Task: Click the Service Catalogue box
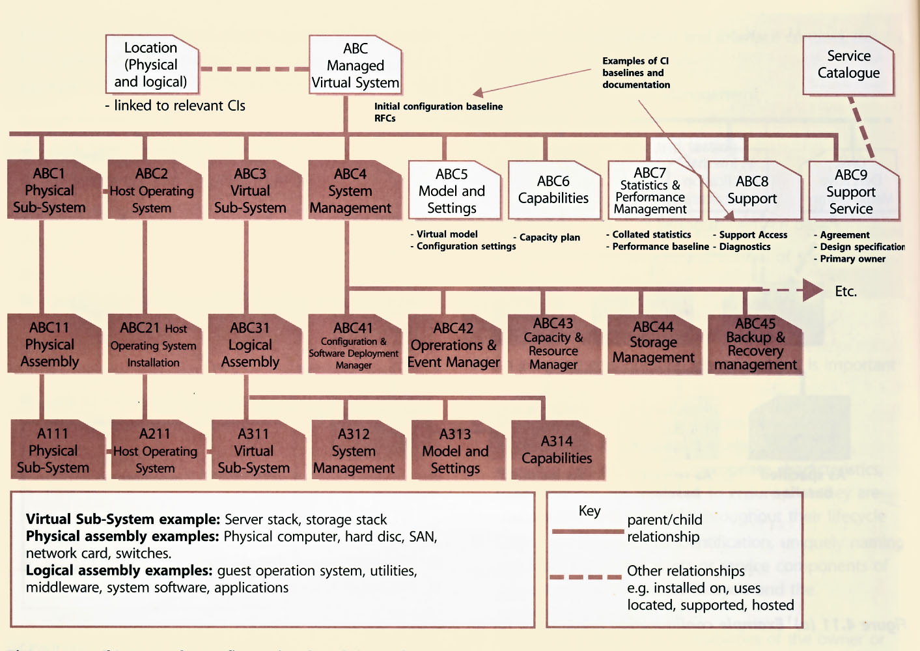point(848,65)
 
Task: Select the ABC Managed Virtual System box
point(355,66)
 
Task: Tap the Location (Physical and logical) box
point(151,64)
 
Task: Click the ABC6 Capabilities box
point(553,190)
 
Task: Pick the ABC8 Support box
point(753,190)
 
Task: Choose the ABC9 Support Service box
point(852,191)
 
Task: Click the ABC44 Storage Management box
point(654,343)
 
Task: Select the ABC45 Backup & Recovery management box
point(755,344)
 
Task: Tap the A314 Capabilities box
point(557,450)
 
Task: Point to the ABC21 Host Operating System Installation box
point(154,344)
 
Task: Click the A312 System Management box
point(355,450)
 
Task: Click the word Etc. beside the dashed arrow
point(846,292)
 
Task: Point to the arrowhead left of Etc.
point(813,290)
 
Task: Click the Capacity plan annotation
point(549,238)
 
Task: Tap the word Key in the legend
point(590,511)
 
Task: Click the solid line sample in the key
point(587,531)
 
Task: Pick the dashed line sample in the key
point(586,577)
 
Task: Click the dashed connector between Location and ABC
point(254,68)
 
